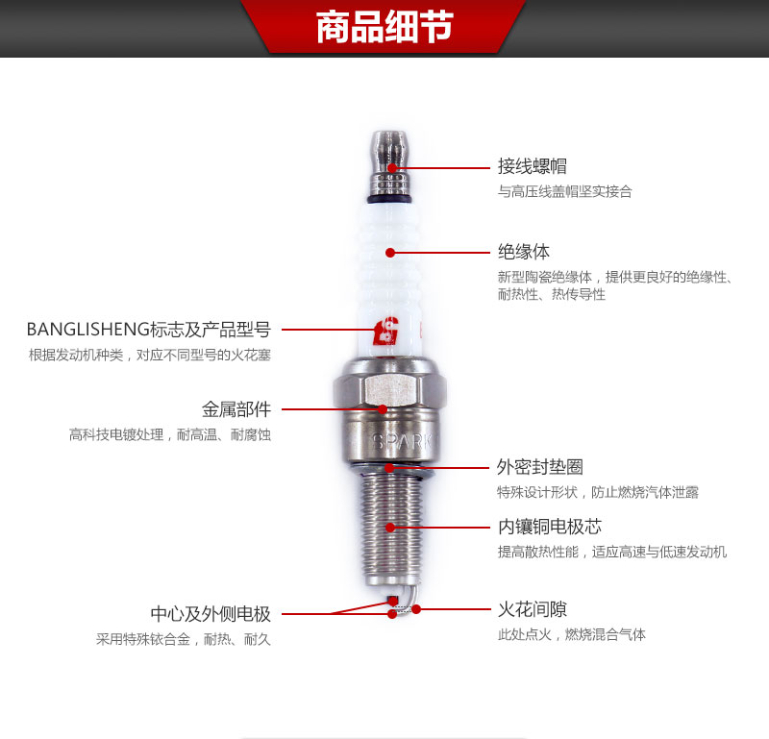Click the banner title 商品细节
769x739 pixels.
[x=384, y=27]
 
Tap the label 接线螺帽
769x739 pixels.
[x=533, y=166]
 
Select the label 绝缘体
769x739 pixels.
[x=524, y=252]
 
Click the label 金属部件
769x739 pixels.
[x=236, y=409]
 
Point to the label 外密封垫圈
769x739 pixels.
[x=540, y=467]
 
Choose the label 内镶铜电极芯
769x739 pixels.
[x=549, y=527]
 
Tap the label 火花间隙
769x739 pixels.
[x=533, y=609]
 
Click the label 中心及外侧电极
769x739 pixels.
[x=211, y=613]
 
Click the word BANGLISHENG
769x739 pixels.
[x=87, y=330]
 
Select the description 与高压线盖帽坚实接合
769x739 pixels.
[x=565, y=191]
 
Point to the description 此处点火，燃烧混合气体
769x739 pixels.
[x=571, y=634]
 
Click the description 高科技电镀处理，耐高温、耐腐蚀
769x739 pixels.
[x=170, y=434]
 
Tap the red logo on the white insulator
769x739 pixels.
[x=385, y=331]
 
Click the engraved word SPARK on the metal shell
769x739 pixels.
[x=402, y=442]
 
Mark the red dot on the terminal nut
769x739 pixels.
[x=392, y=168]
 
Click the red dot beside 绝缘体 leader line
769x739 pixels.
[x=390, y=253]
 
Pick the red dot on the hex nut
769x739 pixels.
[x=383, y=409]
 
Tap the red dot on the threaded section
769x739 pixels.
[x=390, y=528]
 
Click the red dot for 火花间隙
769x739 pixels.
[x=416, y=609]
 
